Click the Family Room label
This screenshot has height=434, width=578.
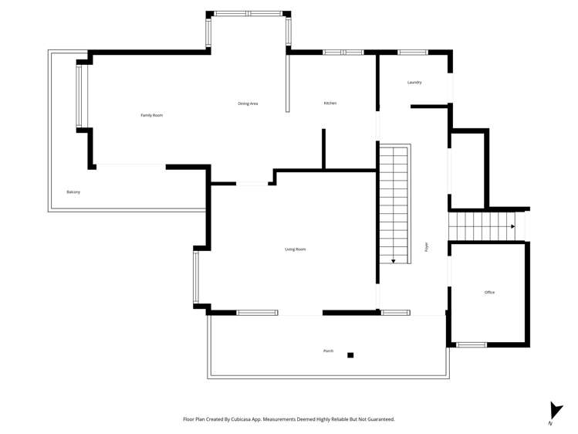[x=151, y=115]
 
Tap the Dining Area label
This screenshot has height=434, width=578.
[x=248, y=103]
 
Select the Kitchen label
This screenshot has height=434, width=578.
[x=330, y=103]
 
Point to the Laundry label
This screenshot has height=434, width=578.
[x=414, y=83]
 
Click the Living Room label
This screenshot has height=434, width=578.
[x=296, y=249]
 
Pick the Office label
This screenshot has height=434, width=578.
[x=489, y=292]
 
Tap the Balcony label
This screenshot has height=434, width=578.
[x=73, y=192]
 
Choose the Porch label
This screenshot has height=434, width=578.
[x=328, y=351]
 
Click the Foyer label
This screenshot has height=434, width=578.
[x=427, y=247]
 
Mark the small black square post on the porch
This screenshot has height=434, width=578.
[x=350, y=355]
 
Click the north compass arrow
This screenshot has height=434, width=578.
[x=555, y=410]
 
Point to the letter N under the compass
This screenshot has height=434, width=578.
[x=551, y=424]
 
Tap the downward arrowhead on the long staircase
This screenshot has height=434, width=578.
[x=394, y=261]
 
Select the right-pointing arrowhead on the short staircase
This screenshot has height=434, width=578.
[x=512, y=227]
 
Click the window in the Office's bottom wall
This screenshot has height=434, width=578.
[x=472, y=344]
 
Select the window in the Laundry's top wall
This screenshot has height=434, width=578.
[x=412, y=53]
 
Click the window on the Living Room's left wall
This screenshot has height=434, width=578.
[x=196, y=277]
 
